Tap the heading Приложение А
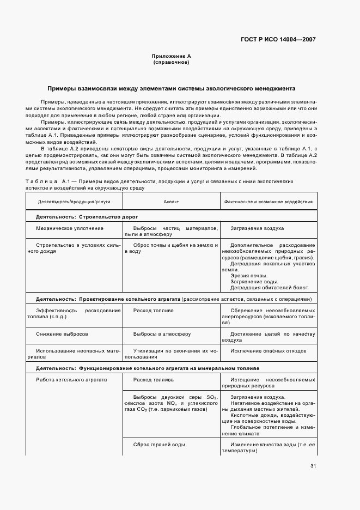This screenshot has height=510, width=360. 171,56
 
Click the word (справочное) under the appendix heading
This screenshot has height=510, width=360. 171,62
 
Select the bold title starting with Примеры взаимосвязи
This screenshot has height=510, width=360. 171,88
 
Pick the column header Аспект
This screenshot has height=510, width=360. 171,202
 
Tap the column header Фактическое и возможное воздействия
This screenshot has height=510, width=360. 269,202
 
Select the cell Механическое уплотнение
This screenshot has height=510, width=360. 70,228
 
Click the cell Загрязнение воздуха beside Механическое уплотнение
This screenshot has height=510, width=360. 257,228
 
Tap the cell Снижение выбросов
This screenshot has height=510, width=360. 63,333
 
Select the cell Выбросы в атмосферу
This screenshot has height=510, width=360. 162,333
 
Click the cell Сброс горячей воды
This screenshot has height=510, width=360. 159,445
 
